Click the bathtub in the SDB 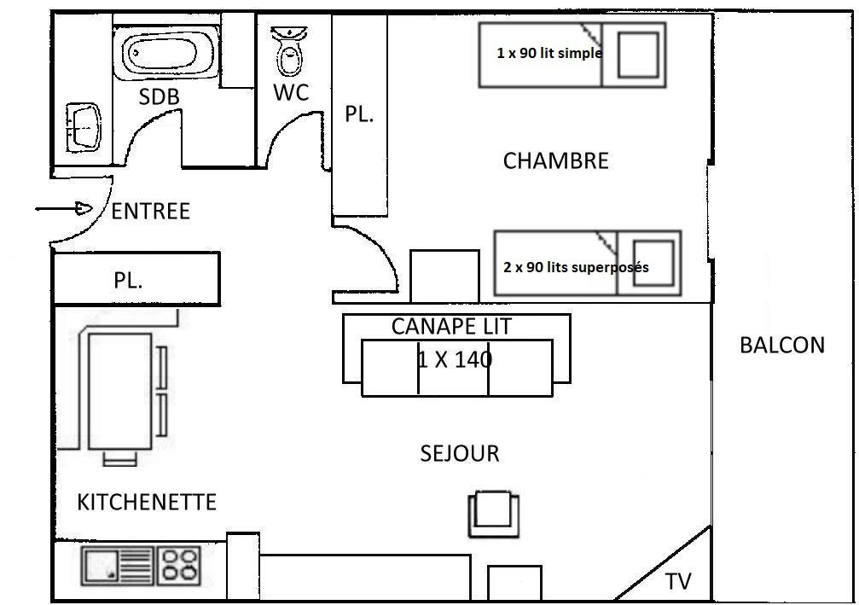(x=166, y=53)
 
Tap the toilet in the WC (x=288, y=50)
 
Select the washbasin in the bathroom (x=84, y=126)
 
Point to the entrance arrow (x=63, y=208)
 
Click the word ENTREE (x=151, y=211)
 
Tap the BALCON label (x=782, y=346)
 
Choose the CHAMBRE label (x=556, y=161)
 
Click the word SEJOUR (x=460, y=454)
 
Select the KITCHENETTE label (x=147, y=502)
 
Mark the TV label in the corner (x=678, y=581)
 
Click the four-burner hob (x=180, y=566)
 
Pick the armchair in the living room (x=494, y=514)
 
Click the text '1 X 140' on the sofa (x=455, y=359)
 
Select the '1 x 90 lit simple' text (x=549, y=53)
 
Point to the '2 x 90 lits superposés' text (x=576, y=267)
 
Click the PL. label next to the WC (x=359, y=114)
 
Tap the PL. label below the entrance (x=128, y=281)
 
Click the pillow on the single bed (x=638, y=55)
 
